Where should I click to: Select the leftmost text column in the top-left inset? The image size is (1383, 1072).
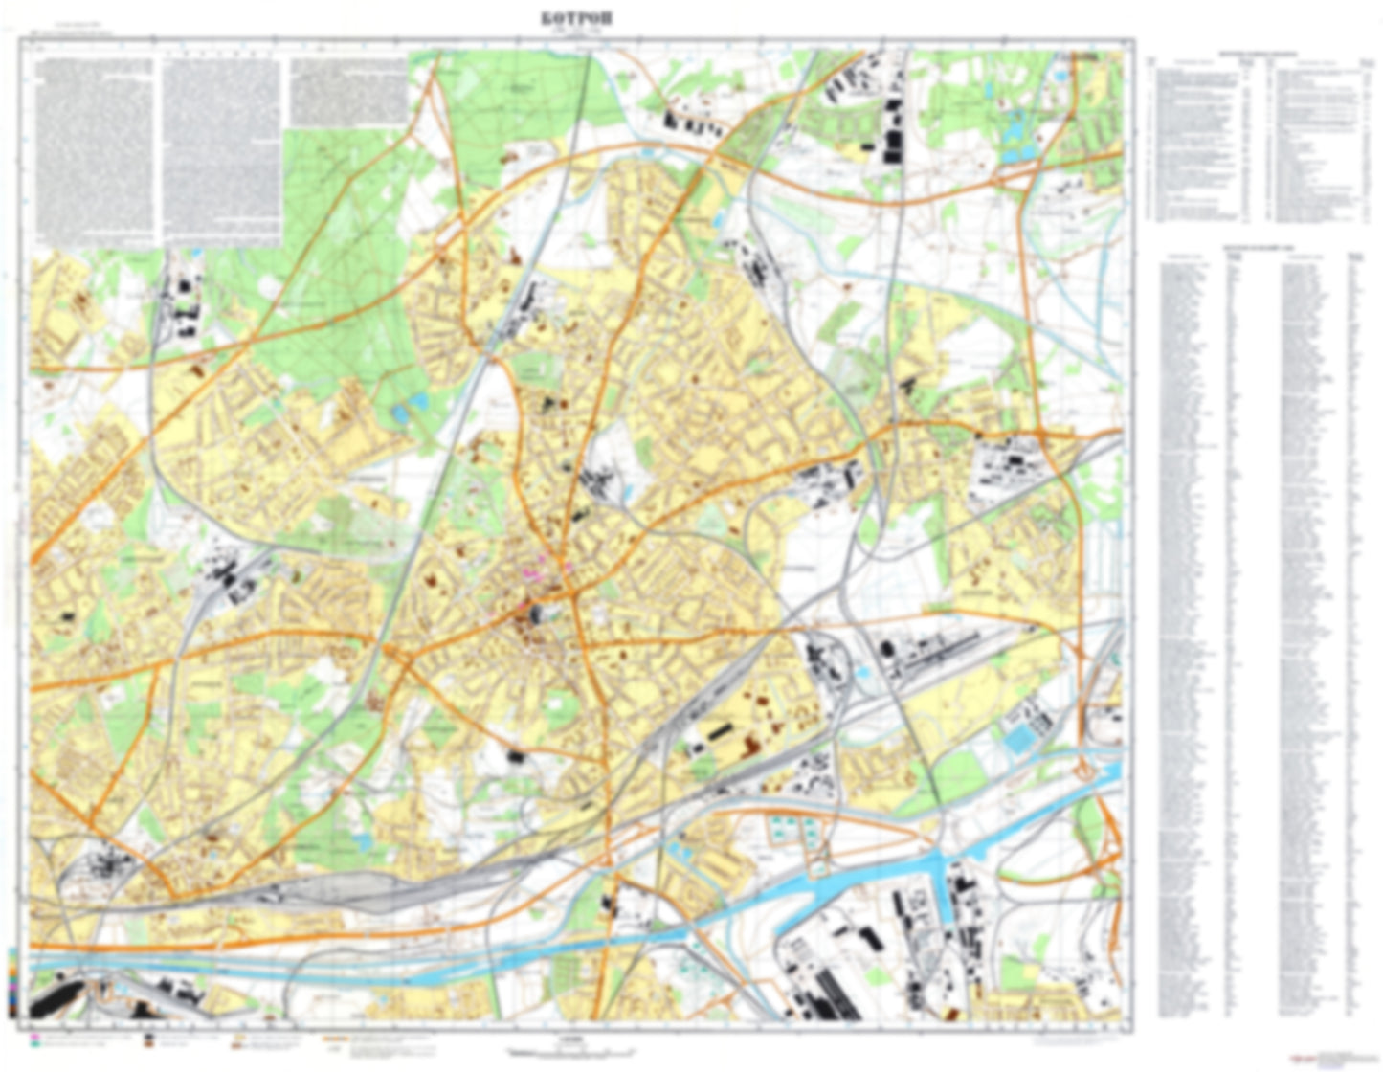[93, 148]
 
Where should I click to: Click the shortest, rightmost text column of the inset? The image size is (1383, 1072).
[347, 92]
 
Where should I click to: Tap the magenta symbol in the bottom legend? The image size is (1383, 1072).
[36, 1037]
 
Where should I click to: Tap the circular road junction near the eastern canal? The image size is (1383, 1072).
[1087, 769]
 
